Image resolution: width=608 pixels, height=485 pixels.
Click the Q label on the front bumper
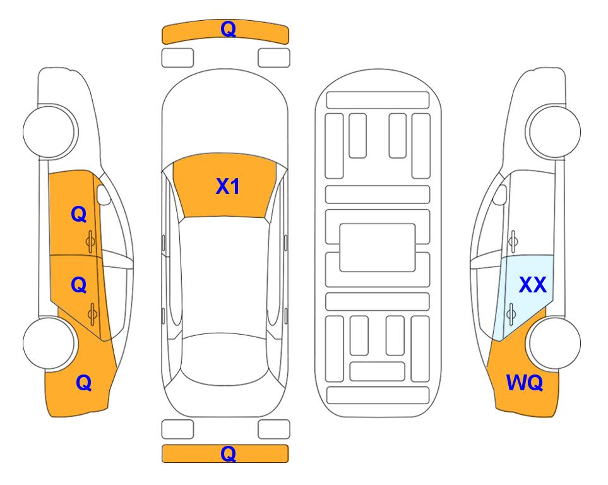tap(228, 29)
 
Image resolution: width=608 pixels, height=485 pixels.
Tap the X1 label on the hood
tap(228, 186)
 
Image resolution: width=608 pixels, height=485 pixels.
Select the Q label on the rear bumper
tap(228, 453)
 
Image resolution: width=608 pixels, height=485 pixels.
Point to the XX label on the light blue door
tap(532, 285)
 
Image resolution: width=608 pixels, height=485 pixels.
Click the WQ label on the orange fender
tap(525, 383)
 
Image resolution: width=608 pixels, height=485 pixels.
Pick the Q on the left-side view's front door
tap(79, 214)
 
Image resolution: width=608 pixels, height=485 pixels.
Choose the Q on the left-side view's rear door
tap(79, 285)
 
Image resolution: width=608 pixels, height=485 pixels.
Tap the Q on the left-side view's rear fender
tap(84, 383)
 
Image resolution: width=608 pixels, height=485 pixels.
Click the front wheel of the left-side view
tap(50, 131)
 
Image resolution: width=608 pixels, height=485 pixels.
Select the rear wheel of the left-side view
tap(50, 343)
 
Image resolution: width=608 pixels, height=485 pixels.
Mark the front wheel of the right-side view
tap(553, 131)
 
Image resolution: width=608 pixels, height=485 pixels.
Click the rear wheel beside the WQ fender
tap(553, 343)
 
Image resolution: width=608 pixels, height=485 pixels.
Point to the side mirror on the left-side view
tap(104, 195)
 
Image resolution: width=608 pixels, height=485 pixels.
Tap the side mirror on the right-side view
tap(499, 195)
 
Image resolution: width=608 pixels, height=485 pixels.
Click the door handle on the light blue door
tap(511, 314)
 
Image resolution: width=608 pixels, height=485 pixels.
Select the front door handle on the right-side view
tap(513, 241)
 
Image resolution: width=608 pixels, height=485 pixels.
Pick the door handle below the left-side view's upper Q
tap(90, 241)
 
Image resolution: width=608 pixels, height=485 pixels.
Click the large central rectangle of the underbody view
tap(378, 248)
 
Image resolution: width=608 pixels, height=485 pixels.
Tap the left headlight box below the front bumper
tap(177, 58)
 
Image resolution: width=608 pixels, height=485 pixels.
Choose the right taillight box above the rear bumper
tap(274, 429)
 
